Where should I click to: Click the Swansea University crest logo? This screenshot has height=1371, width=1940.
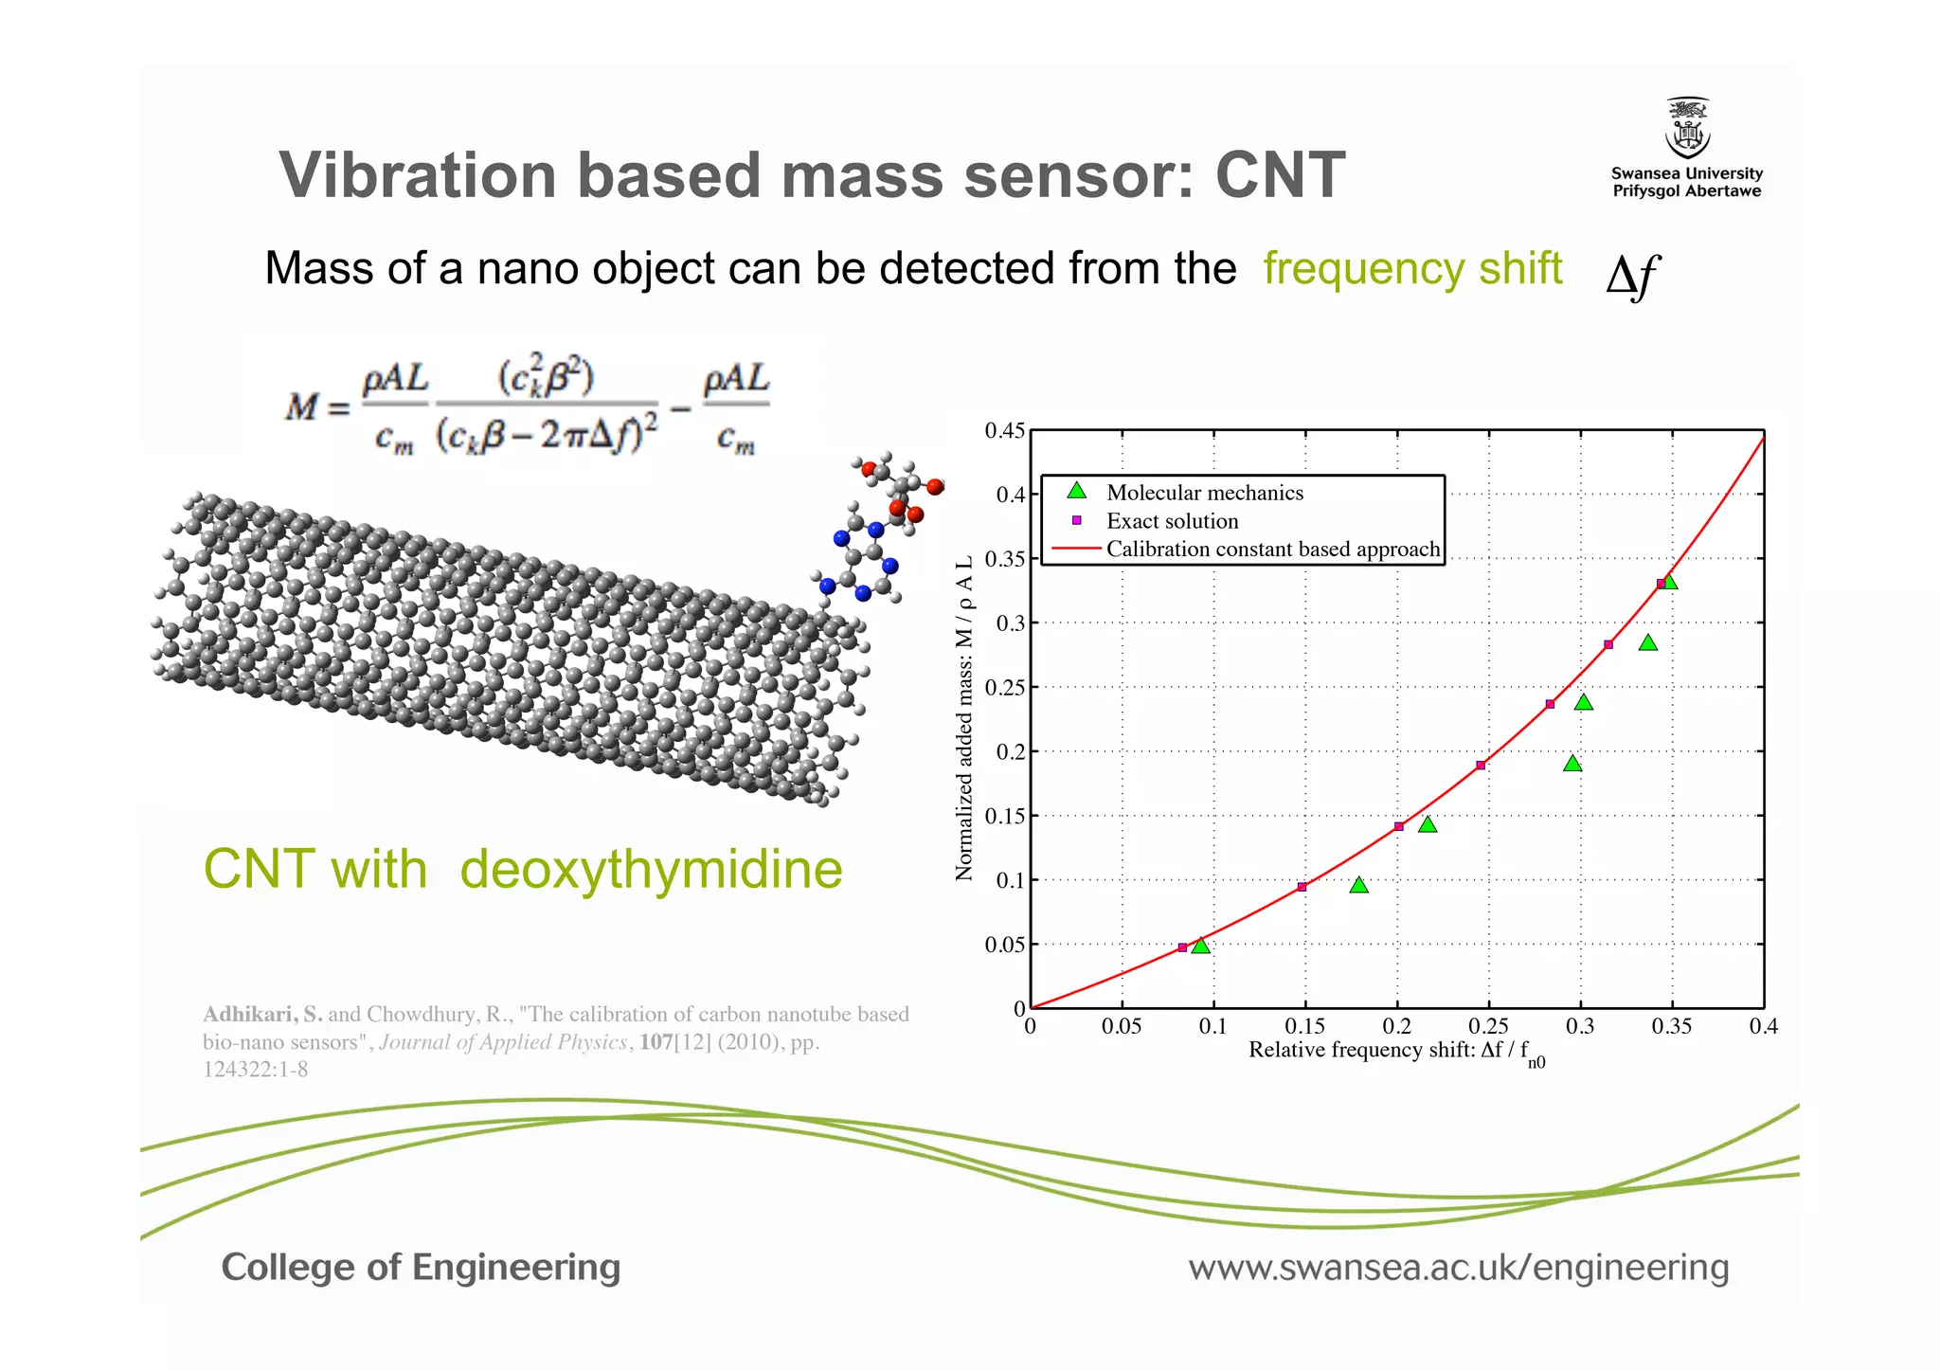click(x=1687, y=129)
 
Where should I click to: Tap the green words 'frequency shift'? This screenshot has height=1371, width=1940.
click(x=1411, y=269)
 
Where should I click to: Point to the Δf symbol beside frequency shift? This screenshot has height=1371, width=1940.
click(x=1632, y=276)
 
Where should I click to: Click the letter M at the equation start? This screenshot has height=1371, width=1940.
click(x=302, y=407)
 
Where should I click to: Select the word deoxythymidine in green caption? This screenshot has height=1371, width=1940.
click(x=651, y=869)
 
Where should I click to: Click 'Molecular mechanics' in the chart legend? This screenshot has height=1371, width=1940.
click(x=1204, y=493)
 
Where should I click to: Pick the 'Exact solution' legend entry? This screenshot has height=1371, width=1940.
click(x=1172, y=521)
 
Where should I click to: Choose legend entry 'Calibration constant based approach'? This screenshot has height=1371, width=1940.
click(x=1272, y=550)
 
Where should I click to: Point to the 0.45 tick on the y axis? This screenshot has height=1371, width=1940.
click(x=1003, y=431)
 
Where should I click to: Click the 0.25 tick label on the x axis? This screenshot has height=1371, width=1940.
click(x=1488, y=1026)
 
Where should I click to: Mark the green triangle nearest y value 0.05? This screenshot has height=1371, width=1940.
click(x=1200, y=946)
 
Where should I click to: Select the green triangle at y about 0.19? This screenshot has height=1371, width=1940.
click(x=1572, y=764)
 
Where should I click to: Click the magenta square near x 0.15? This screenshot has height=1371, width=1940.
click(x=1302, y=887)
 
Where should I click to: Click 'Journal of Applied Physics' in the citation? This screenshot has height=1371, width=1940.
click(x=502, y=1042)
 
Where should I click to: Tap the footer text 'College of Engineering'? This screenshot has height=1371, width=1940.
click(x=421, y=1267)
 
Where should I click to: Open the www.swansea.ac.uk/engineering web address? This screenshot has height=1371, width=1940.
click(x=1459, y=1267)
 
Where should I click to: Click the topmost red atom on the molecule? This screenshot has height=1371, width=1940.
click(x=868, y=467)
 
